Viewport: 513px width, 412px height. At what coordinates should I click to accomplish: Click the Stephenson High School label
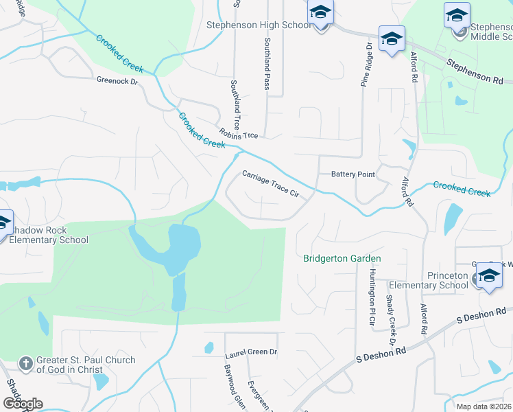click(259, 25)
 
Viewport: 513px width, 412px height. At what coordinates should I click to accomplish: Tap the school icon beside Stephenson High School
click(320, 12)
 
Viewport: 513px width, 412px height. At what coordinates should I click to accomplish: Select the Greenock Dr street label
click(117, 81)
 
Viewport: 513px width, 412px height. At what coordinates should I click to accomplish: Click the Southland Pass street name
click(267, 64)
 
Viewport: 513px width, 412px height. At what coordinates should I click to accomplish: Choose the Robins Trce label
click(239, 135)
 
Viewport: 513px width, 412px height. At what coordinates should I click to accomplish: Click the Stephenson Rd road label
click(475, 71)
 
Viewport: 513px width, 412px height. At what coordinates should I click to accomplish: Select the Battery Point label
click(353, 174)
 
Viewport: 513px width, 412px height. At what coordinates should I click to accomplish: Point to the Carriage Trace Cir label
click(271, 185)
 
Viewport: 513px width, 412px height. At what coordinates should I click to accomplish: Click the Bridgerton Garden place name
click(342, 259)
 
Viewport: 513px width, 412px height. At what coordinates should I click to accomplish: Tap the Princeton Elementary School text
click(429, 280)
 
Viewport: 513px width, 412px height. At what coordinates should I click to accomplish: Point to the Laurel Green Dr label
click(251, 352)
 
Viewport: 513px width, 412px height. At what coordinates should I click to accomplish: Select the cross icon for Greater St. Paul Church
click(25, 363)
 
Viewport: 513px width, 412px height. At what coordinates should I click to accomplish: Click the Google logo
click(23, 403)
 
